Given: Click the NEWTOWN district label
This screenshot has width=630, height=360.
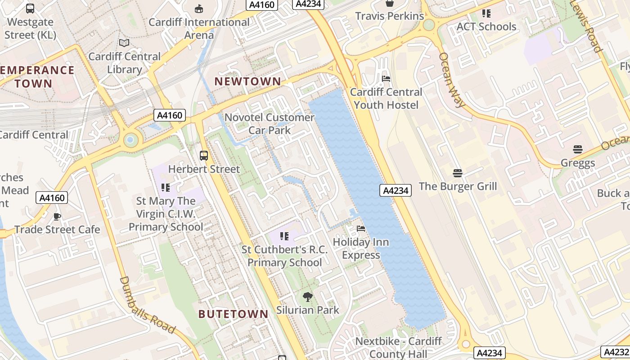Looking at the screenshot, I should tap(247, 81).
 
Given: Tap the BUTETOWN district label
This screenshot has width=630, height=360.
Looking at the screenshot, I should tap(233, 314).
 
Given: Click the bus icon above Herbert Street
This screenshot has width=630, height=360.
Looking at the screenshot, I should tap(204, 156).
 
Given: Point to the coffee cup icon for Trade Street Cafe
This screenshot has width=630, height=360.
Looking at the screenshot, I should tap(57, 216).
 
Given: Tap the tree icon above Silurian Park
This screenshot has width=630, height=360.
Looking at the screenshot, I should tap(308, 297).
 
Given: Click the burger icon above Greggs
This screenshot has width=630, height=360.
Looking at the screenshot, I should tap(578, 149).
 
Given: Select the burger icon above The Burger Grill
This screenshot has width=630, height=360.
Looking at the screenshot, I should tap(458, 173).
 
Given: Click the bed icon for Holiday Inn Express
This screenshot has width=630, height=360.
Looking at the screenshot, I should tap(361, 229).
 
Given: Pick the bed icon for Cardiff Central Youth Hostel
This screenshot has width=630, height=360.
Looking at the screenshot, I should tap(386, 79).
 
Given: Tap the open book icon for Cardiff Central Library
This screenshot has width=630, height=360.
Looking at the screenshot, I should tap(124, 43).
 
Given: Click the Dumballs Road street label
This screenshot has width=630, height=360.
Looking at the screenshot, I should tap(147, 306).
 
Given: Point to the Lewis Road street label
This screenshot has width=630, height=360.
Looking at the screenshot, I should tap(586, 26).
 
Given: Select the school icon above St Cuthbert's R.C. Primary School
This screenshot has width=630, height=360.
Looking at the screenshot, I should tap(284, 236).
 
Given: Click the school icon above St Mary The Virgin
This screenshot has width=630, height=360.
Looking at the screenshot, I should tap(166, 188).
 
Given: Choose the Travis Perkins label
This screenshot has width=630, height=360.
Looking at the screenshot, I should tap(389, 16).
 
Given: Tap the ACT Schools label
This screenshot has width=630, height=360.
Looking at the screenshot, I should tap(486, 27).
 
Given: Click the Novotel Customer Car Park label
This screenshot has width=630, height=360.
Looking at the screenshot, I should tap(270, 124).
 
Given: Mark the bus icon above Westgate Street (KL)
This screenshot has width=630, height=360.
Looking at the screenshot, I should tap(30, 9).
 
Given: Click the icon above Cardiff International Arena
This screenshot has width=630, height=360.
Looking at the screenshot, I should tap(199, 9).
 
